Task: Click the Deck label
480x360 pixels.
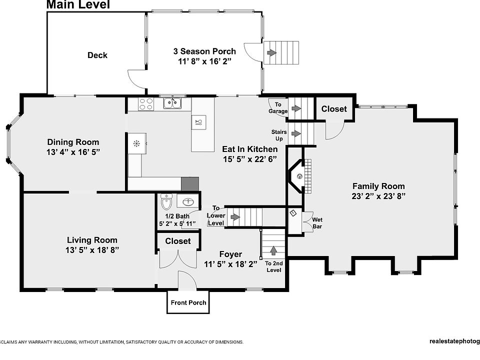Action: click(97, 55)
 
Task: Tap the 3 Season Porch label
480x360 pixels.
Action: click(204, 51)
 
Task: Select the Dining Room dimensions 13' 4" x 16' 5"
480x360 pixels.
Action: click(73, 152)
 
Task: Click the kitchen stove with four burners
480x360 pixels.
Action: click(145, 104)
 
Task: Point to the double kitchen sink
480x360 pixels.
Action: click(172, 103)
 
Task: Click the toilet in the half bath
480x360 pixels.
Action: click(166, 201)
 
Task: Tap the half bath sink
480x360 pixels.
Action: click(188, 201)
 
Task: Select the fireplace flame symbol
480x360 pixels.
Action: click(299, 176)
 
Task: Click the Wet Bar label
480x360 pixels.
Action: click(317, 223)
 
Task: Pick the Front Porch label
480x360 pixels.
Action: click(188, 303)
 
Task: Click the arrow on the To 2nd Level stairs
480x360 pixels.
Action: click(273, 250)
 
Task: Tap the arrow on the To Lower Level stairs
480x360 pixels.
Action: click(235, 216)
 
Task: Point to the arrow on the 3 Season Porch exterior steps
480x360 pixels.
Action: click(272, 52)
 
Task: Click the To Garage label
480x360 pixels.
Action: click(278, 108)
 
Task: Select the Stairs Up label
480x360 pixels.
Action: click(279, 135)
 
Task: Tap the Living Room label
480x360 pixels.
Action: click(92, 240)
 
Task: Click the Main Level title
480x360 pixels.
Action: click(78, 4)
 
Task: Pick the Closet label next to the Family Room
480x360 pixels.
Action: click(334, 109)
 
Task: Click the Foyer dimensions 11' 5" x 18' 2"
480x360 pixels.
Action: click(230, 264)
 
